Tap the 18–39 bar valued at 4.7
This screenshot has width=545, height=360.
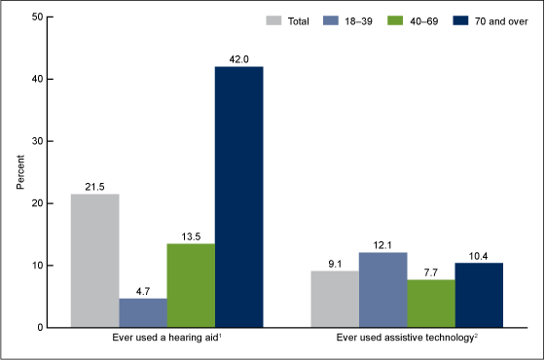143,312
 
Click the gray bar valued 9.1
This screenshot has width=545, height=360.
335,299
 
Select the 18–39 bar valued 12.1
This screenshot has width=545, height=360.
382,289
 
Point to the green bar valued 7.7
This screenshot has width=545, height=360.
430,303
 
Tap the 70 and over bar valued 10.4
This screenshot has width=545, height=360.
478,295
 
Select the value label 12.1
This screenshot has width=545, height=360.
382,243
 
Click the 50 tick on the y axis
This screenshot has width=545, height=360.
35,17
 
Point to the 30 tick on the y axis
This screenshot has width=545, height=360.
35,141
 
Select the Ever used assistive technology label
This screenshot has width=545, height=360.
407,340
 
